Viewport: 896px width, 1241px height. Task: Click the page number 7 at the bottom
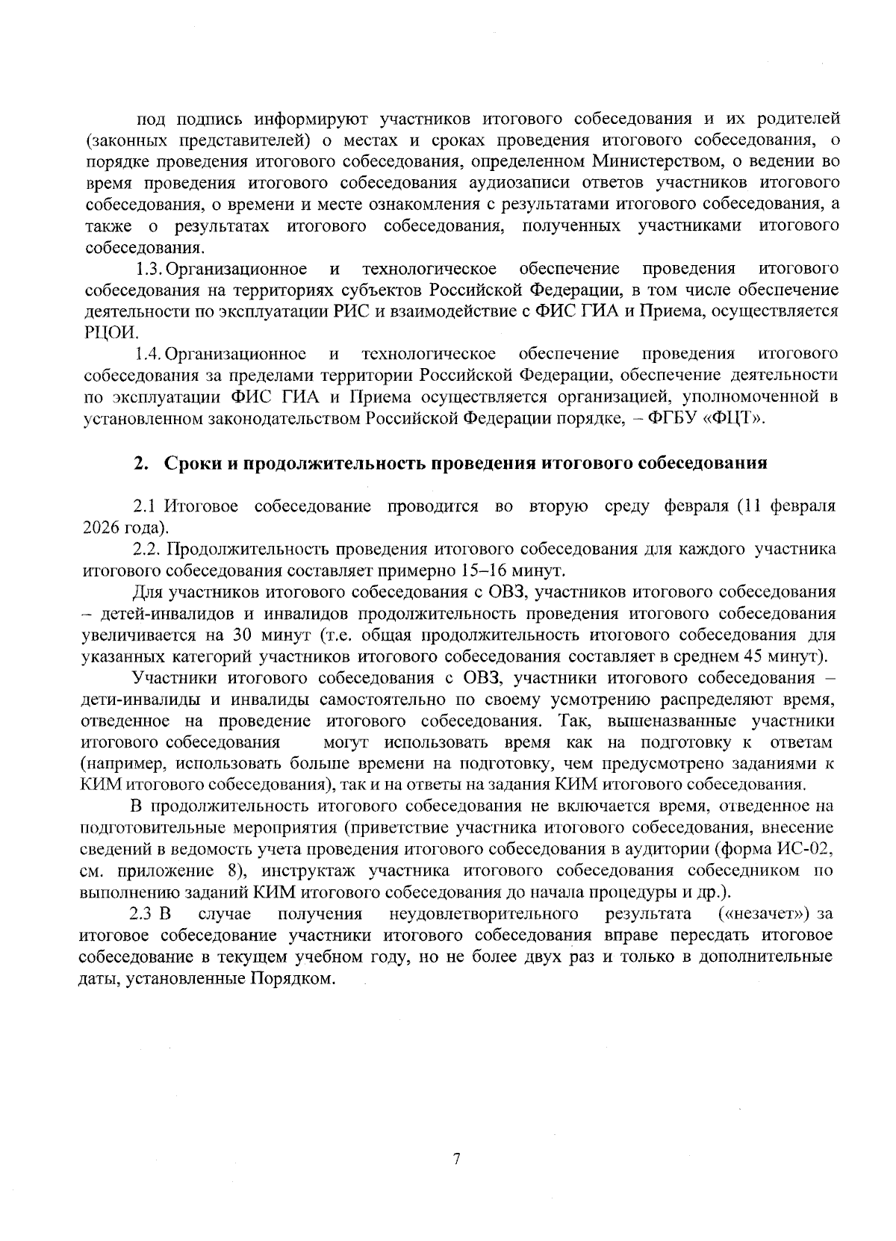tap(456, 1159)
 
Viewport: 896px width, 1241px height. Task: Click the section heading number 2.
tap(139, 463)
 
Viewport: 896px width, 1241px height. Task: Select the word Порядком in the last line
tap(289, 978)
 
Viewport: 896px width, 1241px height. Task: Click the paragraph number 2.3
tap(141, 914)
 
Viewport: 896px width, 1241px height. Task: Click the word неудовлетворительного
tap(484, 914)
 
